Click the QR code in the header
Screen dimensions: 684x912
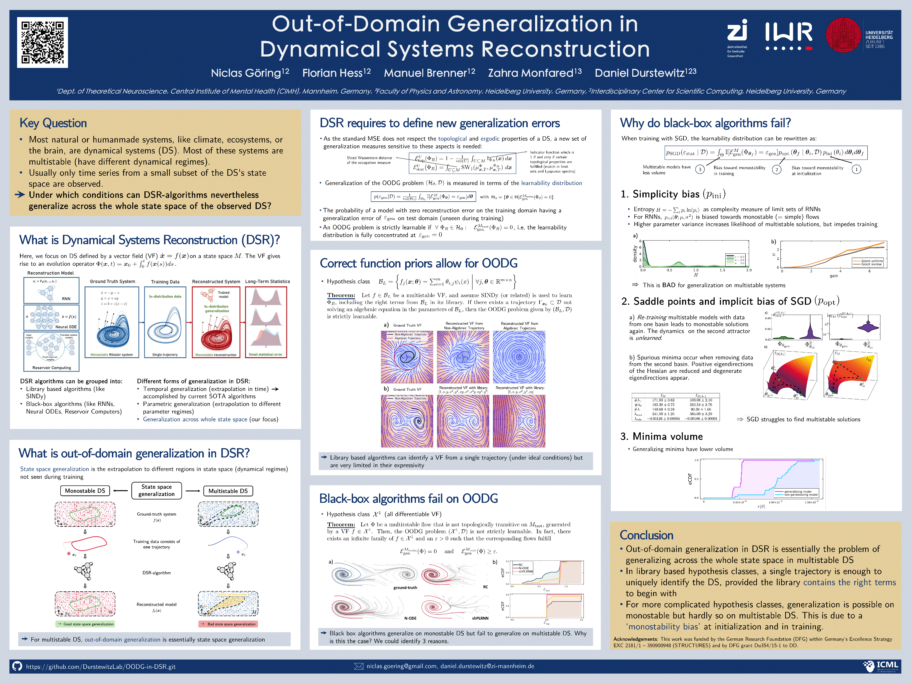(43, 43)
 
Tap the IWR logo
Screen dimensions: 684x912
(788, 36)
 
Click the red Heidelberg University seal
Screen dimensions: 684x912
(843, 35)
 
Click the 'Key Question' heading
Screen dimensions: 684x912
(53, 123)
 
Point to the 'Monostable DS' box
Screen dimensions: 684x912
(85, 491)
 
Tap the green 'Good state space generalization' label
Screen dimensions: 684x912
(85, 624)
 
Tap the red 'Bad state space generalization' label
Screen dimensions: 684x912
(228, 624)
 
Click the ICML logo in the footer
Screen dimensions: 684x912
(880, 666)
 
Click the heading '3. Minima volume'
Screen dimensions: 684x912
(661, 436)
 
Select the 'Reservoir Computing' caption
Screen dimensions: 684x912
(52, 368)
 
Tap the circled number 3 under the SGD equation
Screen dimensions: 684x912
(700, 169)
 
